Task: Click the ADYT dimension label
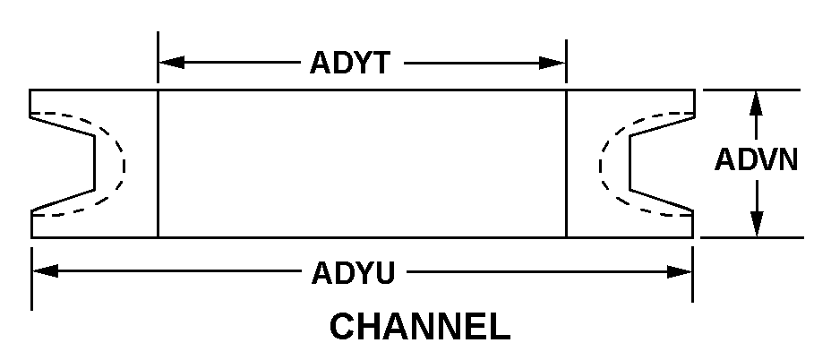coord(350,63)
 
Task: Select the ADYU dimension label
coord(353,273)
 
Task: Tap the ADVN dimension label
coord(757,159)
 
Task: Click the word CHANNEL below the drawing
coord(420,327)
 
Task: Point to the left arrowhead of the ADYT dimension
coord(172,63)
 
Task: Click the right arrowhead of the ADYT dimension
coord(553,63)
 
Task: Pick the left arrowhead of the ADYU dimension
coord(46,271)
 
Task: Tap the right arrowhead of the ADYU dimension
coord(680,272)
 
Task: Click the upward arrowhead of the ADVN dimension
coord(757,103)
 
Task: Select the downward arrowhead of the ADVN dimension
coord(757,224)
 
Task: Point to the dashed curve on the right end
coord(647,165)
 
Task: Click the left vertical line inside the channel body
coord(158,164)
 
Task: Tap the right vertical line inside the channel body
coord(567,164)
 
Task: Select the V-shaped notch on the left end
coord(63,164)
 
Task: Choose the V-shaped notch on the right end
coord(662,164)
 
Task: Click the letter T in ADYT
coord(380,63)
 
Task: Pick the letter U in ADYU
coord(385,273)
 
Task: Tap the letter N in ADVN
coord(787,159)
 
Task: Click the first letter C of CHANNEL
coord(342,327)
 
